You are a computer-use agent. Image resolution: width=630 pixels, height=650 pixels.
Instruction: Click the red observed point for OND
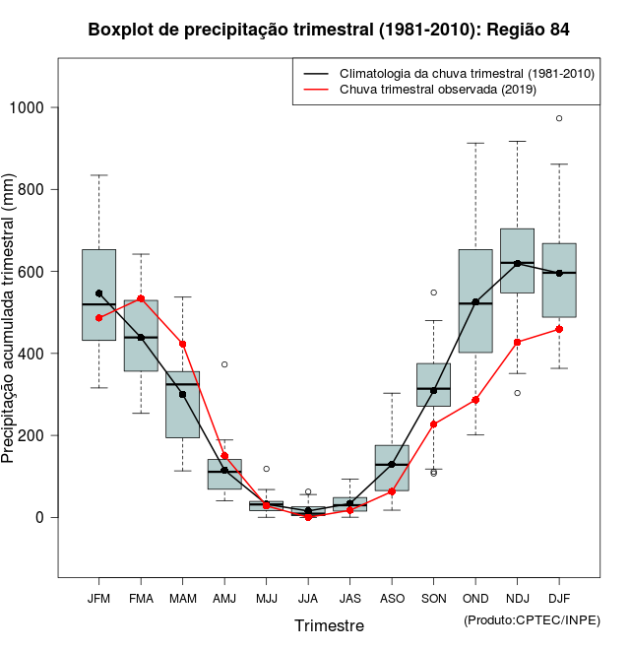coord(475,400)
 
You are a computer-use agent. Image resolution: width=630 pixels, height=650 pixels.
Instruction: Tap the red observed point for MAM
coord(182,344)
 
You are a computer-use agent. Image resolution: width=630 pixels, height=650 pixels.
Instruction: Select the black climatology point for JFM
coord(98,293)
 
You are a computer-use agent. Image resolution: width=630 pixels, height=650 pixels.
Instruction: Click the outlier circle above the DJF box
coord(559,118)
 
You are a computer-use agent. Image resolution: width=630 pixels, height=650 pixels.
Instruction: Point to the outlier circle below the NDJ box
coord(517,393)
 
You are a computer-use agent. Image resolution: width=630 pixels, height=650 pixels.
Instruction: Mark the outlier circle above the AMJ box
coord(224,364)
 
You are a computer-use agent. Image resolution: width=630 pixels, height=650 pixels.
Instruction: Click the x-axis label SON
coord(433,598)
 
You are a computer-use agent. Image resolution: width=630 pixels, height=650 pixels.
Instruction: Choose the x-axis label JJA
coord(308,598)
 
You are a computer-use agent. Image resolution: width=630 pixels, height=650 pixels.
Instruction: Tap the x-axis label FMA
coord(141,598)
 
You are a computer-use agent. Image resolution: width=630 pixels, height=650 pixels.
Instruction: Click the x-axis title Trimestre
coord(329,625)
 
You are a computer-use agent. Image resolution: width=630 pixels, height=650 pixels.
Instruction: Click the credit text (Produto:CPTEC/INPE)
coord(532,619)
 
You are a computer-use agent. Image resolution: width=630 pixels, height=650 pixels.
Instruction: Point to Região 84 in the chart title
coord(526,30)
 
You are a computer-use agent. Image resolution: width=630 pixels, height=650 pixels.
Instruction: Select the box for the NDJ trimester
coord(517,261)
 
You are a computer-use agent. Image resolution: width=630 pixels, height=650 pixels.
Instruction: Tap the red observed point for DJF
coord(559,329)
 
